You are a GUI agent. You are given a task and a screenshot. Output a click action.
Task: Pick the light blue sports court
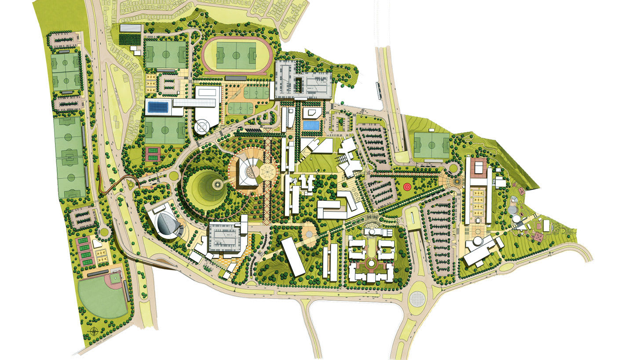point(311,125)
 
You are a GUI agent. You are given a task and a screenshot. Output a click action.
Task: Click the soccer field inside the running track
point(236,55)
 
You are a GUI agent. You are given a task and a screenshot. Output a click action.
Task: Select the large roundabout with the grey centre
point(417,298)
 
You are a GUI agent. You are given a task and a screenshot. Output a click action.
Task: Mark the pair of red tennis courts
point(151,153)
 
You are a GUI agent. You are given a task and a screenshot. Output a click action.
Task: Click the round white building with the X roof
point(203,127)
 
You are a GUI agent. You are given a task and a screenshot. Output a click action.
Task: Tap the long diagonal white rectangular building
point(293,257)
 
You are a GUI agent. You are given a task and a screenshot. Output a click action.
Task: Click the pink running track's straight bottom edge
point(238,73)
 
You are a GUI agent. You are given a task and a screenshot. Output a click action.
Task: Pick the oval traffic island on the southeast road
point(507,267)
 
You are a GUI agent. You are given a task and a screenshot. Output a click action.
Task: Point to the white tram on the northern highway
point(378,88)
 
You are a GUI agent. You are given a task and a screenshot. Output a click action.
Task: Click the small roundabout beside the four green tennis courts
point(105,232)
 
